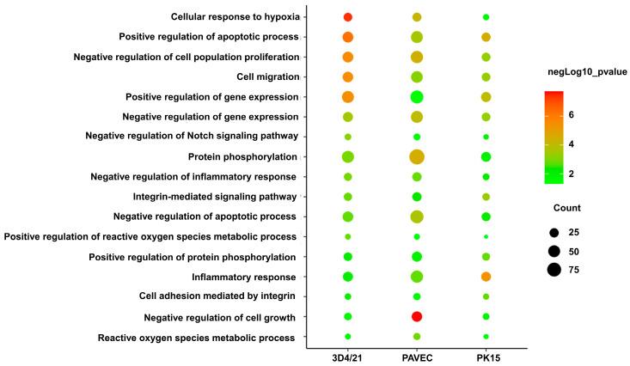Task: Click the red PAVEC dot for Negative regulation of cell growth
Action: tap(417, 317)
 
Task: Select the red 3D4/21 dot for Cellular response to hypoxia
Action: tap(348, 17)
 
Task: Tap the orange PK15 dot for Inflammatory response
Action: tap(486, 277)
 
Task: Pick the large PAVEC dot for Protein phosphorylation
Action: tap(417, 156)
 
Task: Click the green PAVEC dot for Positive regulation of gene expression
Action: tap(417, 97)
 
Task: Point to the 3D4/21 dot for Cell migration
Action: tap(348, 77)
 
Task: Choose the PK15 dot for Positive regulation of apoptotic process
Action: tap(486, 37)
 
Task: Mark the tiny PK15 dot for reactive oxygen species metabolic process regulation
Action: tap(486, 236)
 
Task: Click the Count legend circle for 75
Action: tap(554, 270)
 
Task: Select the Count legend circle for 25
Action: tap(554, 232)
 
